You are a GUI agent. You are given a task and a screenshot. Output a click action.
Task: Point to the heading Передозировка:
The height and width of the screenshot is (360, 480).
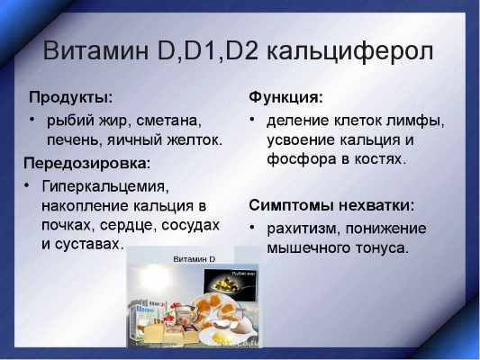86,164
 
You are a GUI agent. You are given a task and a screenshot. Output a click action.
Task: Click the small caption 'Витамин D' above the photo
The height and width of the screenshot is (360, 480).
194,259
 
